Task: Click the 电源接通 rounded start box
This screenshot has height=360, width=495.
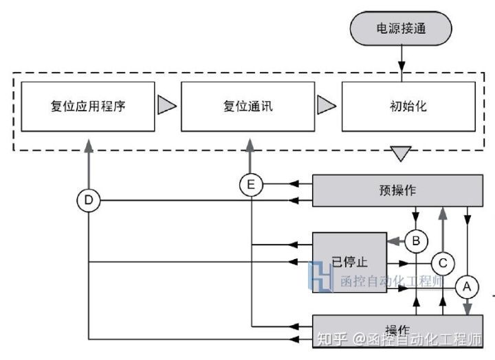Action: coord(400,30)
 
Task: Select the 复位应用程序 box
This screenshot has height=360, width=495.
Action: coord(87,106)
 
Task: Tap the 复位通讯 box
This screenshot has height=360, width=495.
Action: coord(247,106)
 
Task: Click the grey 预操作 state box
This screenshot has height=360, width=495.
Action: coord(397,190)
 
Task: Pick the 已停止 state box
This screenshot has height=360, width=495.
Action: coord(350,262)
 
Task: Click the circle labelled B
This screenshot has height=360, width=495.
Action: coord(417,240)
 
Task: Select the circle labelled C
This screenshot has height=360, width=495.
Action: coord(443,262)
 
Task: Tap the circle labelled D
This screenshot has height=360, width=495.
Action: coord(89,201)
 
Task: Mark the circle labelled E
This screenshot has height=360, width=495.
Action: coord(251,185)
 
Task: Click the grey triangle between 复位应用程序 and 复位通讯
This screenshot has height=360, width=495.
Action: coord(167,106)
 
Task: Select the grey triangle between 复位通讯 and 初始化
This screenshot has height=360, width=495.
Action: coord(327,106)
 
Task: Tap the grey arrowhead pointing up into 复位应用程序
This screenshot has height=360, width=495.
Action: coord(89,144)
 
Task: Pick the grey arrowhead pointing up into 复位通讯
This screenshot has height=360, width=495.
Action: coord(251,144)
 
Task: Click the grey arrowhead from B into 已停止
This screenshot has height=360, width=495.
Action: coord(394,240)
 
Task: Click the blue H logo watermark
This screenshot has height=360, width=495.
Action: coord(322,278)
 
